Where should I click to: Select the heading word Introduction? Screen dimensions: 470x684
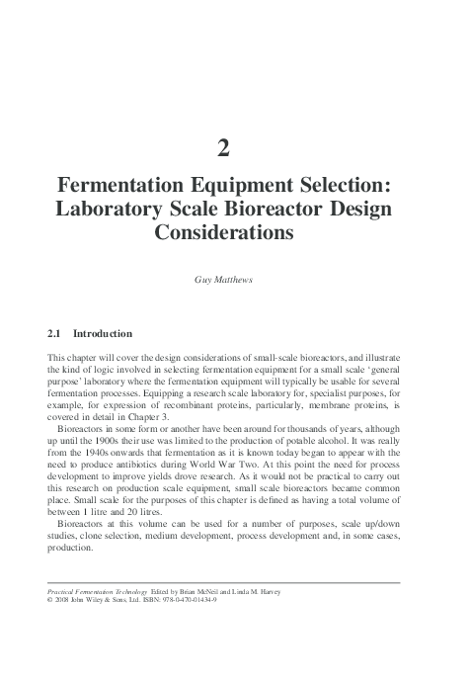[104, 334]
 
